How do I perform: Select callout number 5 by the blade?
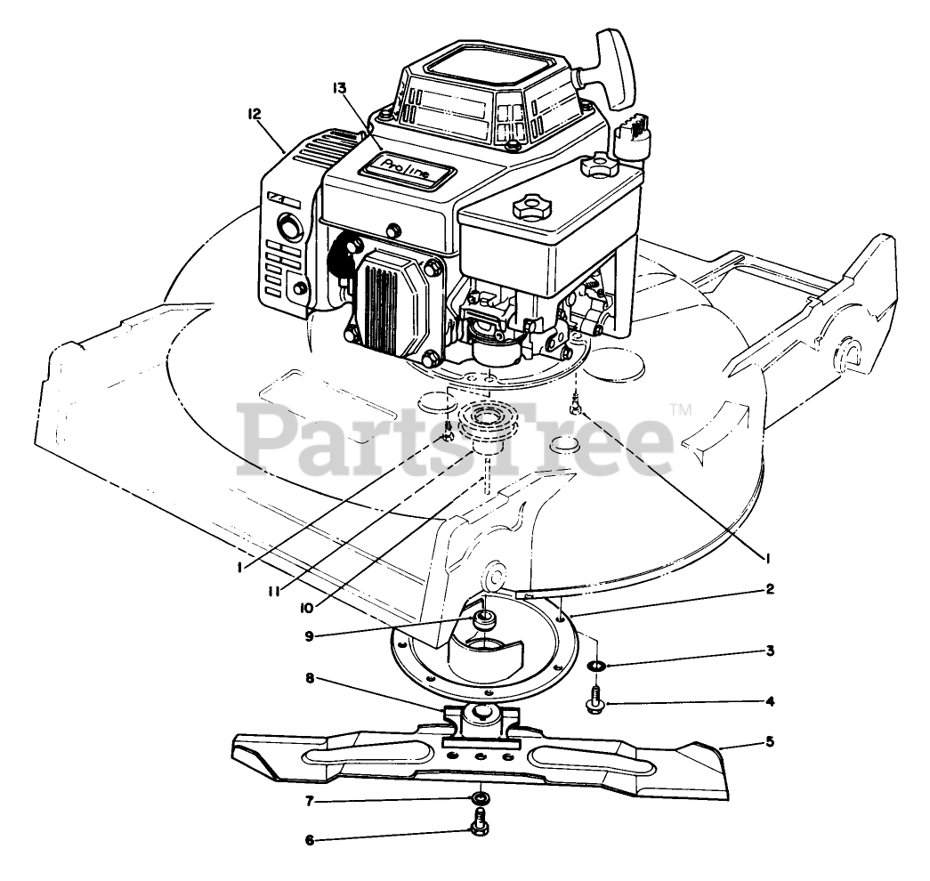tap(770, 740)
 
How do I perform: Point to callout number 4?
tap(770, 701)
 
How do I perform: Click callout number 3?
tap(770, 651)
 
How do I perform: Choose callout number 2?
tap(770, 588)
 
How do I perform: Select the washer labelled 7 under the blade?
tap(480, 796)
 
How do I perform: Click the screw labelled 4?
tap(594, 699)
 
